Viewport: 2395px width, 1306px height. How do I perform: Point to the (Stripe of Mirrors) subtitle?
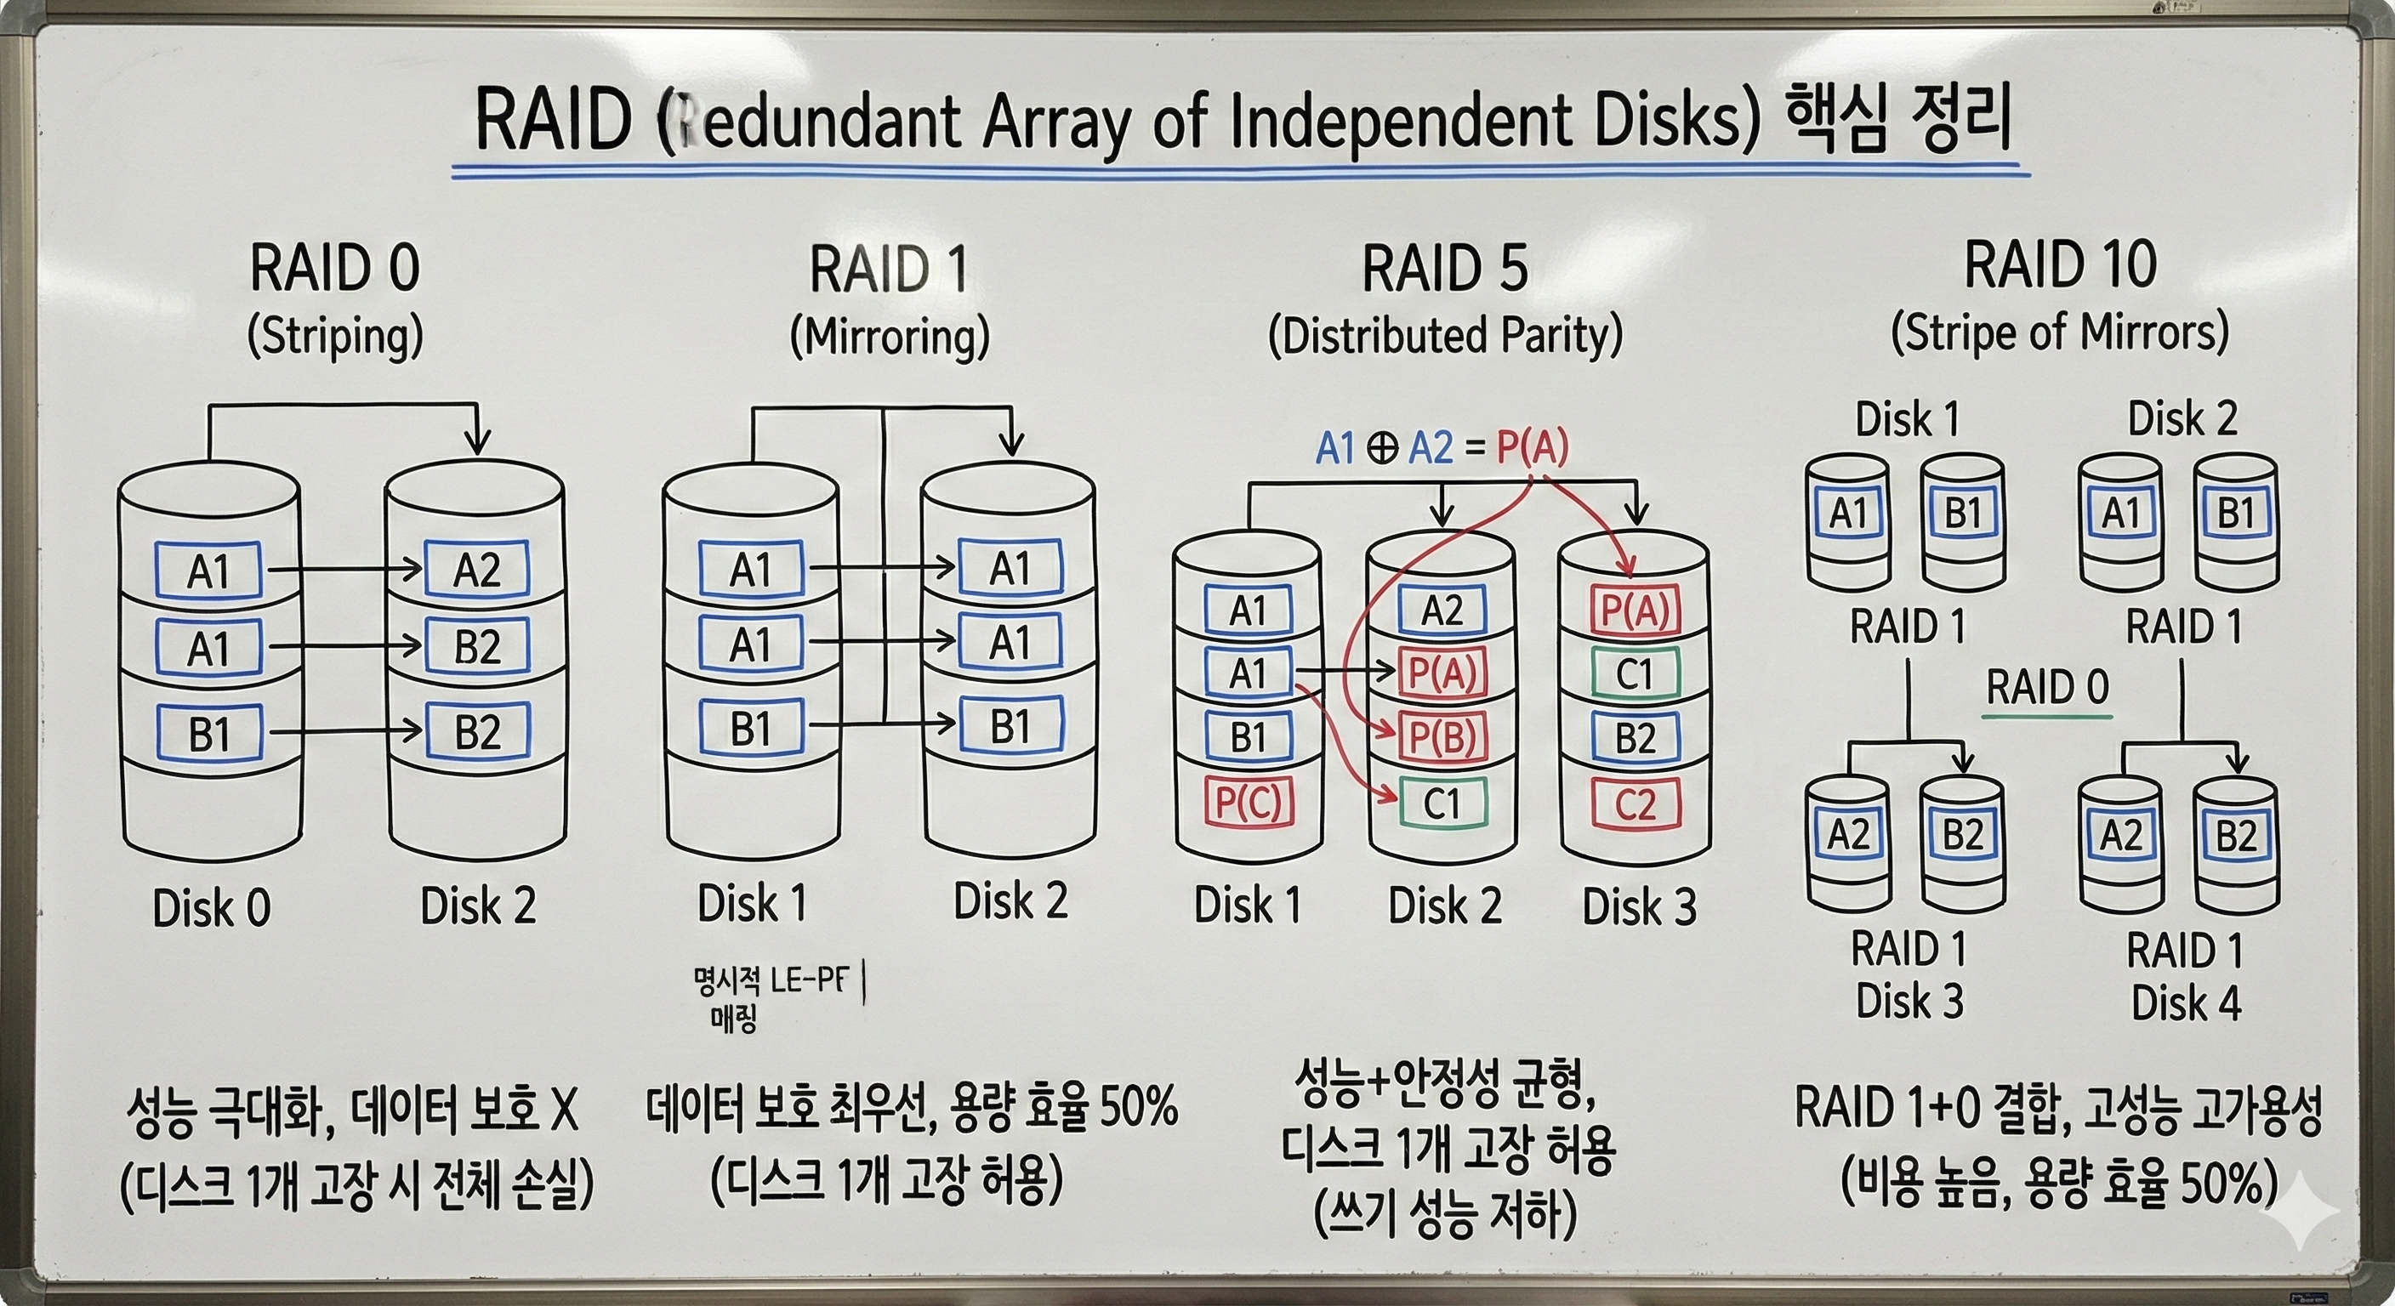(x=2059, y=332)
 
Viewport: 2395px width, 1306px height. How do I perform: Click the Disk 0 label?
(x=211, y=907)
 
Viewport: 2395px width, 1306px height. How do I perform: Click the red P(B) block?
(x=1442, y=737)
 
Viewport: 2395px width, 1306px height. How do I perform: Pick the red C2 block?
(x=1636, y=805)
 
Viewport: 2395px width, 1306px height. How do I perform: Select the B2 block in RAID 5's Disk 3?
(x=1636, y=738)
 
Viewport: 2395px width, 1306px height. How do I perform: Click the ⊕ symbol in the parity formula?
(x=1383, y=449)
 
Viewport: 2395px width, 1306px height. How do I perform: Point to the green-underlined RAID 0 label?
(x=2047, y=689)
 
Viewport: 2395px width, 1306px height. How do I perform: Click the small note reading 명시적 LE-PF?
(x=771, y=980)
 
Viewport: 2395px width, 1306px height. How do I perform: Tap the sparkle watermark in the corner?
(x=2304, y=1210)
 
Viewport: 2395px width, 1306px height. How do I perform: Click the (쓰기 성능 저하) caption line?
(x=1445, y=1216)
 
